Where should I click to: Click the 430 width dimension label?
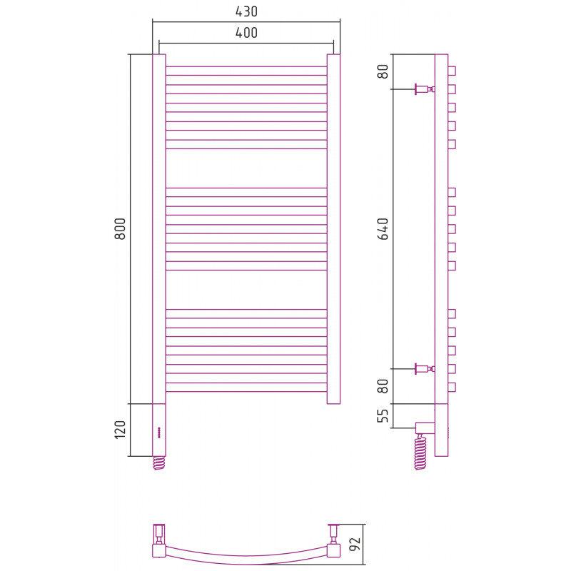coord(246,11)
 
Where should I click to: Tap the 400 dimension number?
coord(246,33)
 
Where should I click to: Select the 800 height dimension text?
coord(120,228)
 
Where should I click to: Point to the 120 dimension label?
coord(120,430)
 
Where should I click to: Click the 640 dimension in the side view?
coord(383,228)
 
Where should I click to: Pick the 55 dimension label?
coord(383,415)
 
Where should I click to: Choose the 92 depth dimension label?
coord(355,545)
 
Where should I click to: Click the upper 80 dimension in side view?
coord(383,71)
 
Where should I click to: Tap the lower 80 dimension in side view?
coord(383,386)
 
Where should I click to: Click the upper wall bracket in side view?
coord(425,89)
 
